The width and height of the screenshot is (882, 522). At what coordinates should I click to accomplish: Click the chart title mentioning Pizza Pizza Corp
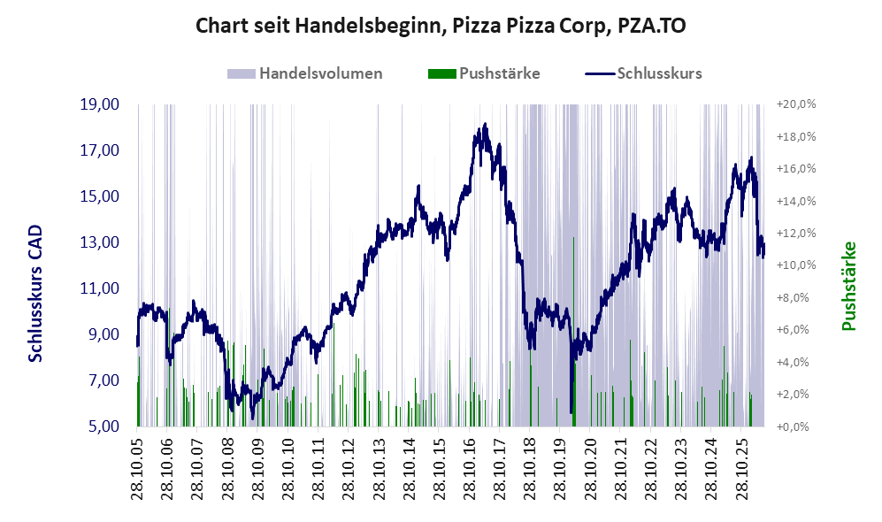(x=441, y=26)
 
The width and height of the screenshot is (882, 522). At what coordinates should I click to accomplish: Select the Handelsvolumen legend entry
(x=305, y=73)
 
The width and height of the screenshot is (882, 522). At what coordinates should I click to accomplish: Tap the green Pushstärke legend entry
(x=484, y=73)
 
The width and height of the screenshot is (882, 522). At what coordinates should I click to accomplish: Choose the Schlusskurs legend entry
(x=643, y=73)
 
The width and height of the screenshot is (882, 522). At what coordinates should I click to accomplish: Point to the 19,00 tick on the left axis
(x=100, y=104)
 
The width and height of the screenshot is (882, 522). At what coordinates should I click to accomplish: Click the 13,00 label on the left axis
(x=100, y=242)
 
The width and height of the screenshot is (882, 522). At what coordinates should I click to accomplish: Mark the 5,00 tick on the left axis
(x=104, y=426)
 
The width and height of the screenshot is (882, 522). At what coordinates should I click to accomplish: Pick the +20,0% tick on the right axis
(x=796, y=104)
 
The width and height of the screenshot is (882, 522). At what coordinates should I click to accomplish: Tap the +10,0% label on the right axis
(x=796, y=265)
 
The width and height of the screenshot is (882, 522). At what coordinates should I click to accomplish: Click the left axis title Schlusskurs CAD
(x=35, y=294)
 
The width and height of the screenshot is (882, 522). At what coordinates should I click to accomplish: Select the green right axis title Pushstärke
(x=848, y=287)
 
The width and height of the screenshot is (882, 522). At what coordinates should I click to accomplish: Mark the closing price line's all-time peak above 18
(x=485, y=125)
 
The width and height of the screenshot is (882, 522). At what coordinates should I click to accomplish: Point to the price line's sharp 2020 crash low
(x=571, y=412)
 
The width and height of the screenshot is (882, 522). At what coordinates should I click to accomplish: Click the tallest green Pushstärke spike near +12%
(x=574, y=332)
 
